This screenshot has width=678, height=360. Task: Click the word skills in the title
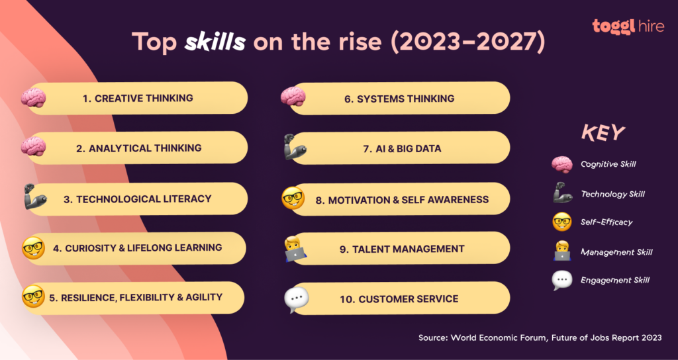(x=215, y=42)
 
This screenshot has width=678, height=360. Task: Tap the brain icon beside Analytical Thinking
(x=32, y=146)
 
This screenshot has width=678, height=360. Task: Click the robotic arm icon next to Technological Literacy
(x=34, y=197)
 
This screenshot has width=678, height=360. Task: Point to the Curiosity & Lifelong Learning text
(x=138, y=248)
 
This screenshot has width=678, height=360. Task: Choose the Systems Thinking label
(x=399, y=99)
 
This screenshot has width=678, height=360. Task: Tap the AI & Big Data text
(x=402, y=149)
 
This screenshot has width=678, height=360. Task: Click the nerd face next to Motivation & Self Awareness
(x=293, y=198)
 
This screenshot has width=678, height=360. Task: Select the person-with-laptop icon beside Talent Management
(x=293, y=249)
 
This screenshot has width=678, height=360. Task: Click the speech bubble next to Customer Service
(x=295, y=300)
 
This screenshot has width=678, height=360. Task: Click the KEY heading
(x=603, y=133)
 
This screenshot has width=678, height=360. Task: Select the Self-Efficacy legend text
(x=606, y=222)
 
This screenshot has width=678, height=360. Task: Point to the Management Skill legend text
(x=616, y=251)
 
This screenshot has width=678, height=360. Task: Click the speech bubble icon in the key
(x=562, y=281)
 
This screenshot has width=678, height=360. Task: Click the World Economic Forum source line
(x=540, y=337)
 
